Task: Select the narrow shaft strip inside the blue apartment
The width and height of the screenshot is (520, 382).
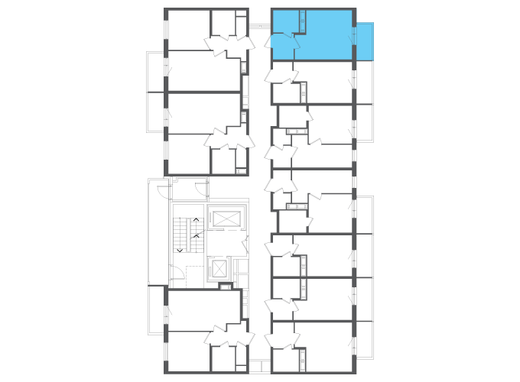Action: tap(304, 20)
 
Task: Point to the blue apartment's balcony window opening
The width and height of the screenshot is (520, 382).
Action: tap(354, 38)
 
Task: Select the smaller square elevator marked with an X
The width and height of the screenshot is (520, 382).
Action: tap(219, 268)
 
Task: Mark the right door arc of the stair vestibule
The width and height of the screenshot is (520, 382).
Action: tap(200, 189)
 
